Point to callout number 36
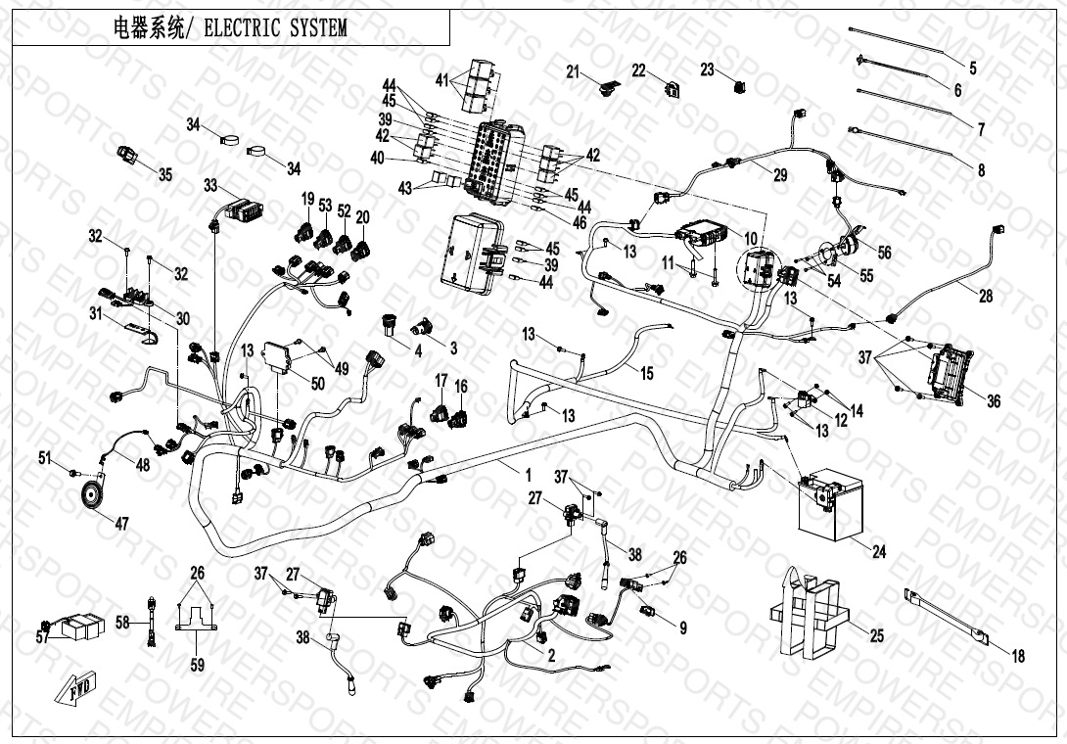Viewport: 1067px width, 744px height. (994, 401)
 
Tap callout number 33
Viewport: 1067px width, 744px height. (210, 184)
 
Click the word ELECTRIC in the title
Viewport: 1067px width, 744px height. (244, 28)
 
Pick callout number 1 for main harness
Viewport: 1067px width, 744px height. (529, 475)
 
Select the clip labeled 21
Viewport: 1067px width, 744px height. (606, 90)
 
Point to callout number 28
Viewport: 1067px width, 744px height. (986, 296)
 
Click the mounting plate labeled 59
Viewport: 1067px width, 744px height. (197, 619)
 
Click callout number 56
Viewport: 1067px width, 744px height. (884, 252)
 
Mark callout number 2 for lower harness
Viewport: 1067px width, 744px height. (552, 657)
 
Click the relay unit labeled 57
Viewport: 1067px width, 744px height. (79, 628)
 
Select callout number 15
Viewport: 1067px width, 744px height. (646, 373)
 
